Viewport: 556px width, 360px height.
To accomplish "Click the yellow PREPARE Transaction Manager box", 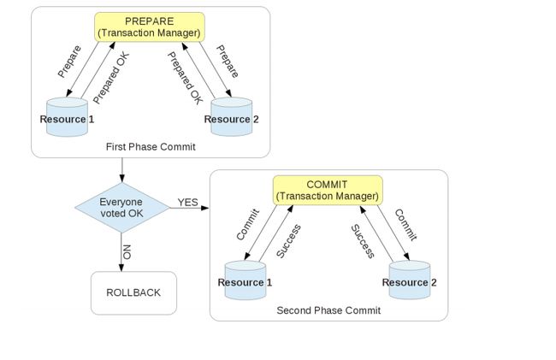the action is click(150, 27).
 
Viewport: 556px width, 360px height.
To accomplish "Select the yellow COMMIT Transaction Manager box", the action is click(328, 191).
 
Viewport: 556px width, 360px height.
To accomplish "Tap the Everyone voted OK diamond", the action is click(122, 208).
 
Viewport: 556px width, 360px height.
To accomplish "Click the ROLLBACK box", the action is click(133, 293).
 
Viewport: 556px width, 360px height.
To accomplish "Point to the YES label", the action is click(187, 203).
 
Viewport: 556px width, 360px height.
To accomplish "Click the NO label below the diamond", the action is click(127, 252).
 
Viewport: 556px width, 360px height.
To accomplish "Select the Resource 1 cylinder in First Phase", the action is click(67, 117).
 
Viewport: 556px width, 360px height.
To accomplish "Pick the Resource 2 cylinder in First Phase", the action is click(232, 116).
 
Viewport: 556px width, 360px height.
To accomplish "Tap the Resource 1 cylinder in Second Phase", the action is click(245, 280).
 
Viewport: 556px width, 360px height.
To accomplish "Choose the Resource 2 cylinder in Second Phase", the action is click(410, 280).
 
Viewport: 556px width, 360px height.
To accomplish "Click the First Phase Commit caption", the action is click(151, 147).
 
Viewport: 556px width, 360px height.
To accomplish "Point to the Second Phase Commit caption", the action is click(328, 310).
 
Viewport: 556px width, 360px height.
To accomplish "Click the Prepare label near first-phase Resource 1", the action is click(69, 62).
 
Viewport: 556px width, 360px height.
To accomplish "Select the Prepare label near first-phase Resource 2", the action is click(228, 62).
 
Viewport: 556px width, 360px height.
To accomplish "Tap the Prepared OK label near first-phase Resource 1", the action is click(111, 78).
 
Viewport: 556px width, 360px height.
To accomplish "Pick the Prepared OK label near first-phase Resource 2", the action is click(185, 78).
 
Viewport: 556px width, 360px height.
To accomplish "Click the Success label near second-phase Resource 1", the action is click(288, 241).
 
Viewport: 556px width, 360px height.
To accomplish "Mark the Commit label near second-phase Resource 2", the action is click(406, 225).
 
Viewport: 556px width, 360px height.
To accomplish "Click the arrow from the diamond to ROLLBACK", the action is click(121, 252).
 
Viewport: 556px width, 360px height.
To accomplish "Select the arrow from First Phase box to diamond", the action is click(122, 170).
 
